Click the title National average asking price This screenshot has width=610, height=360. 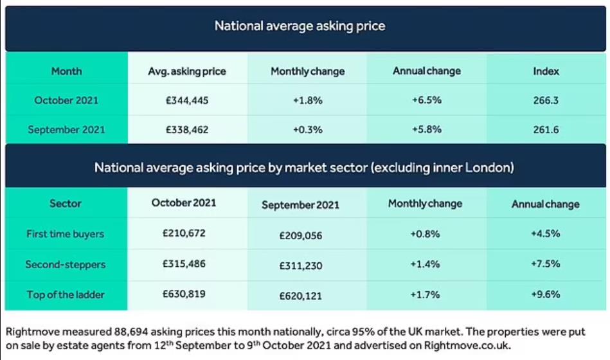tap(300, 26)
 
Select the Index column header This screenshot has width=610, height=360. tap(546, 71)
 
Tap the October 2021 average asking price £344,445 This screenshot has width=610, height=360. tap(187, 100)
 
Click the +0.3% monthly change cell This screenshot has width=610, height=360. tap(307, 129)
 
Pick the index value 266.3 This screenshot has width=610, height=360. tap(546, 100)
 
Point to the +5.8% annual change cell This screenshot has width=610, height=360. tap(426, 129)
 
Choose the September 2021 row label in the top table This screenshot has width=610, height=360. tap(66, 129)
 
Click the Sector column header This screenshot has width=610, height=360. tap(66, 203)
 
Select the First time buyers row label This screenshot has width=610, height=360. tap(65, 234)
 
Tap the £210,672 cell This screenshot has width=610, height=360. tap(184, 233)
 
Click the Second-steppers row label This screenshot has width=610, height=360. tap(65, 264)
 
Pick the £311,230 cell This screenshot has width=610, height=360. tap(301, 265)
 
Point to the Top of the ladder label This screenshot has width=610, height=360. tap(66, 295)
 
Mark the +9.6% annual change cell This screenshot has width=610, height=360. tap(545, 294)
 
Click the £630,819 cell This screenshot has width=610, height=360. tap(184, 294)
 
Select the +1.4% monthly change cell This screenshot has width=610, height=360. tap(425, 264)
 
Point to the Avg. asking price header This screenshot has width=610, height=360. tap(187, 71)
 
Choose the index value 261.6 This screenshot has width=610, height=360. tap(546, 129)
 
